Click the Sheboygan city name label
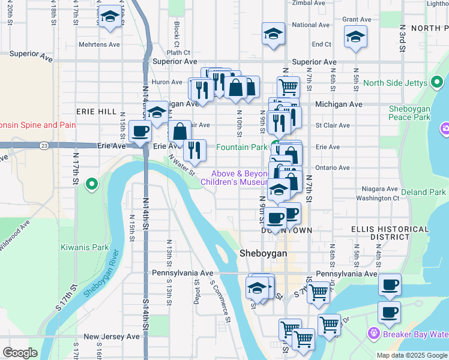pyautogui.click(x=263, y=253)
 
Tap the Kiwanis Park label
pyautogui.click(x=85, y=247)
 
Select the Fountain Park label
pyautogui.click(x=241, y=147)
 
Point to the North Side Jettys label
pyautogui.click(x=394, y=83)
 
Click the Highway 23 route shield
pyautogui.click(x=44, y=145)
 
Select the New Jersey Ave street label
pyautogui.click(x=112, y=337)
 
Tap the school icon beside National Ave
pyautogui.click(x=273, y=34)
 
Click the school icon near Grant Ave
pyautogui.click(x=355, y=37)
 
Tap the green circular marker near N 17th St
pyautogui.click(x=91, y=184)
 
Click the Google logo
pyautogui.click(x=20, y=353)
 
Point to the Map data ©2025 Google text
pyautogui.click(x=412, y=355)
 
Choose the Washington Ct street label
pyautogui.click(x=377, y=198)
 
